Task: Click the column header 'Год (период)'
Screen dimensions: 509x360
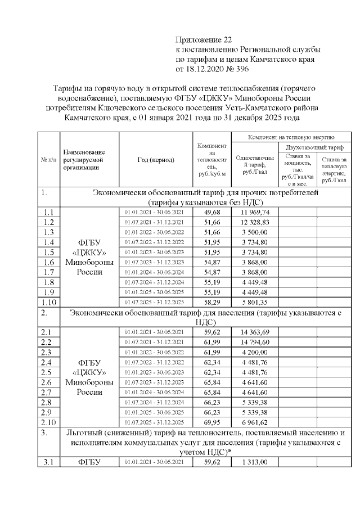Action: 155,160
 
